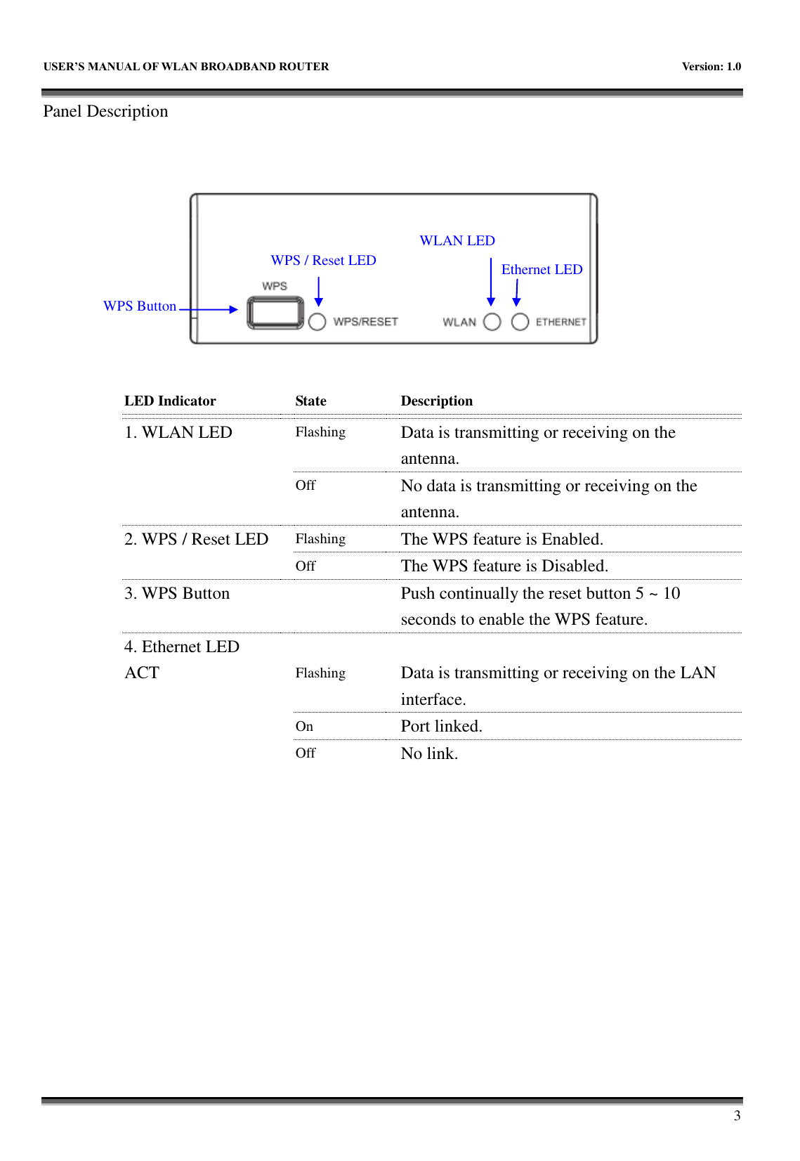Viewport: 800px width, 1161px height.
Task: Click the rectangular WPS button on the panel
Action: tap(275, 313)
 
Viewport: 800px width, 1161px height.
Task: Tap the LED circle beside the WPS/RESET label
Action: tap(317, 322)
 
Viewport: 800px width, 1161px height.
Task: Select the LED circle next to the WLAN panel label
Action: tap(492, 322)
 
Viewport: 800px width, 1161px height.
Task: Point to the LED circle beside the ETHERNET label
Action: tap(520, 322)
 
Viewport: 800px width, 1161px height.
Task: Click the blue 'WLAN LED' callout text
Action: tap(457, 241)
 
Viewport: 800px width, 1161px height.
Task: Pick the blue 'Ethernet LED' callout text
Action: tap(542, 270)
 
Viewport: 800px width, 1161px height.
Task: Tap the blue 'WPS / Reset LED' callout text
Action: tap(323, 261)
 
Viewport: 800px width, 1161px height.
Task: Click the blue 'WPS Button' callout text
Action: tap(140, 306)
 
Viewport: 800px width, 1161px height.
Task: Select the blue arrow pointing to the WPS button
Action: tap(209, 309)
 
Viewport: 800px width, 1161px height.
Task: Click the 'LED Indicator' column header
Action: tap(170, 401)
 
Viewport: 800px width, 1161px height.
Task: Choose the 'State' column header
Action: tap(310, 401)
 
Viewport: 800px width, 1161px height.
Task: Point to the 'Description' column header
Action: tap(436, 401)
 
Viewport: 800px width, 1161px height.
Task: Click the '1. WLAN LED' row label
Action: tap(178, 433)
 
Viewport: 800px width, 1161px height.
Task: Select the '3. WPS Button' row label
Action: tap(177, 594)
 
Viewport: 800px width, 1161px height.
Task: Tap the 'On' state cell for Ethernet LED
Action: tap(304, 727)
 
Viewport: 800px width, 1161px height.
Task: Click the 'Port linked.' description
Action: tap(441, 727)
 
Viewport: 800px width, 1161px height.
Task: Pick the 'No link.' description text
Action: tap(429, 754)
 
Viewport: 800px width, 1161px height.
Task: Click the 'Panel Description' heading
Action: tap(105, 112)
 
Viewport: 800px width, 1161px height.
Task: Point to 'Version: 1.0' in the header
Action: tap(711, 67)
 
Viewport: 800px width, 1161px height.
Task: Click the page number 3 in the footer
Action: tap(737, 1116)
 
